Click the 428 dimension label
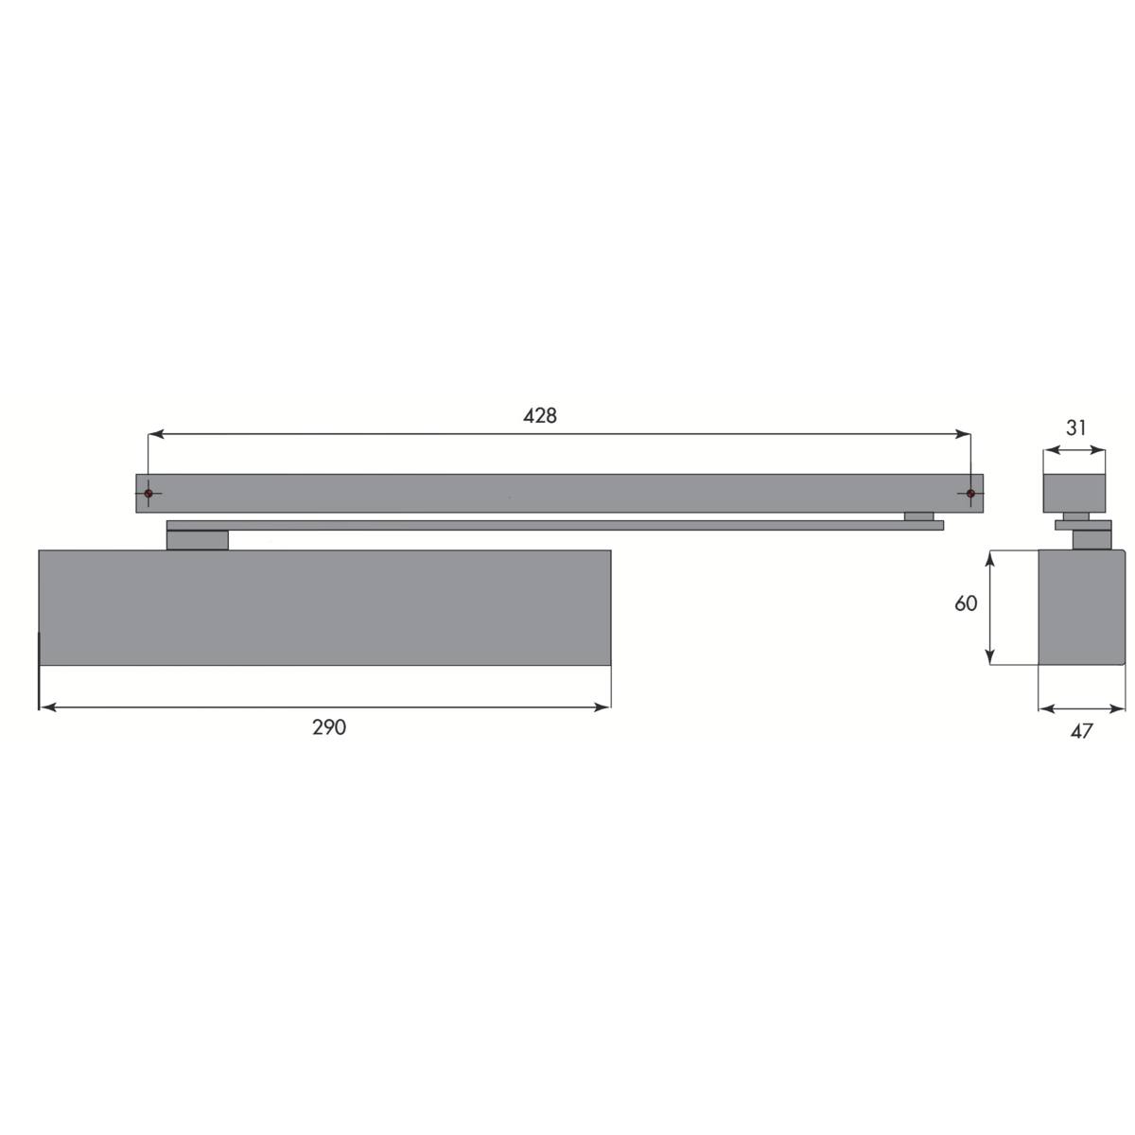[539, 416]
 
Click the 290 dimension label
[328, 727]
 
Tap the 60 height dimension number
[966, 603]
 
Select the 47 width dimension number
[1081, 731]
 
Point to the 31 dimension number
[1076, 428]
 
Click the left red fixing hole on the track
[148, 493]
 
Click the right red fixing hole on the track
[970, 493]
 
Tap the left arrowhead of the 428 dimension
[155, 434]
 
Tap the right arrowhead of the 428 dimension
[964, 434]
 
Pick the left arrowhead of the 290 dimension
[47, 707]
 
